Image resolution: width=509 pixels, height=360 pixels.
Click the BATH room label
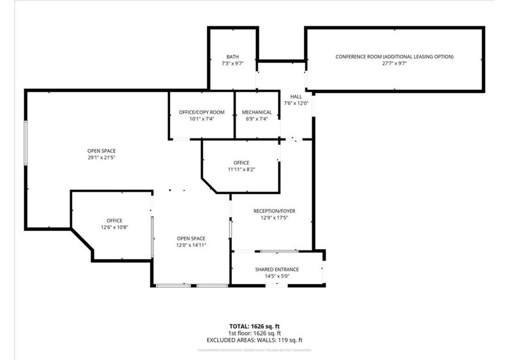coord(232,56)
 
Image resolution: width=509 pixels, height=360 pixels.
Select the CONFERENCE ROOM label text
coord(395,56)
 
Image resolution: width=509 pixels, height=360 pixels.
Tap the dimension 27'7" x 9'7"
coord(395,63)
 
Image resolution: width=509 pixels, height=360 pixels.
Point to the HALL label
coord(296,97)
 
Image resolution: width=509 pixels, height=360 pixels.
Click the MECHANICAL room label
coord(256,112)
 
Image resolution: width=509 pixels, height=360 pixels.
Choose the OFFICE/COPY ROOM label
coord(201,112)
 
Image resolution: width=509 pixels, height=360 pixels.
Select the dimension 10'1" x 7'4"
coord(201,119)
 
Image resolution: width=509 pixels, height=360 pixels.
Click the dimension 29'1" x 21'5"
coord(102,157)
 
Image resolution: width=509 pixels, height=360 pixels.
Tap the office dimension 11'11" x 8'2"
coord(241,170)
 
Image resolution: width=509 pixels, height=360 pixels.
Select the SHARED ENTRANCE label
coord(277,269)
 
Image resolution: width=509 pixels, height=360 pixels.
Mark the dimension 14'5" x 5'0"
coord(277,276)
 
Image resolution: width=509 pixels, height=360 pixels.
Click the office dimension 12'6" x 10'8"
coord(114,227)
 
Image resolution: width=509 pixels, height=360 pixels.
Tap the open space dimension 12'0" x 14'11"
coord(191,245)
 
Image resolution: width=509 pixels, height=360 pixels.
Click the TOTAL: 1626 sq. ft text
coord(254,326)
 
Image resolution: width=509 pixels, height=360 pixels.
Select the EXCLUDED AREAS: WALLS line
coord(254,340)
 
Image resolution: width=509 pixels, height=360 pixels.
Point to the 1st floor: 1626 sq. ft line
coord(254,333)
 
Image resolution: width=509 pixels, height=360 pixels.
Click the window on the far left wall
coord(26,142)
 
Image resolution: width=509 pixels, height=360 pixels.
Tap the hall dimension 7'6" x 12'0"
coord(296,103)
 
